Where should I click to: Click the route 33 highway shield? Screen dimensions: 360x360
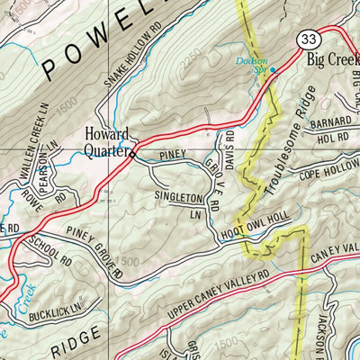307,39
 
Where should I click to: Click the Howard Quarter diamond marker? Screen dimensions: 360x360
133,154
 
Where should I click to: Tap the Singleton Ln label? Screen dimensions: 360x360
178,203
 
